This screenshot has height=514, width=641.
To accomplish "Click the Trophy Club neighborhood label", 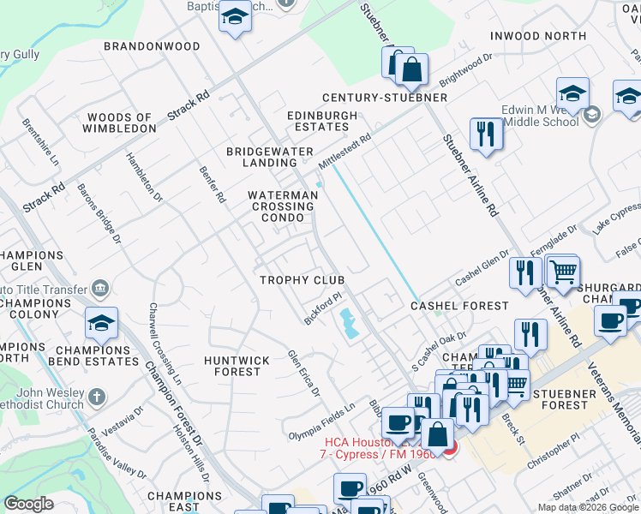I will coord(303,280).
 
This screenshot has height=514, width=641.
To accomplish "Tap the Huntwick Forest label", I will coord(237,366).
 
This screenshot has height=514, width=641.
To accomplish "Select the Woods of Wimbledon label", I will coord(120,123).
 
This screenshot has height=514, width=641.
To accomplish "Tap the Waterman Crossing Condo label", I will coord(283,206).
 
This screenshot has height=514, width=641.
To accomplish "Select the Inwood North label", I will coord(538,36).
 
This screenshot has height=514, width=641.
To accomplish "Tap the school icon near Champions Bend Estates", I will coord(101,324).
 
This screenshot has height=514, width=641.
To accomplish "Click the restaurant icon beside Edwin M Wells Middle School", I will coord(486,134).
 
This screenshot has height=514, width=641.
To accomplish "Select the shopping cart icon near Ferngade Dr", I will coord(562,272).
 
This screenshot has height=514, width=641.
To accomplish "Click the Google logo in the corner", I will coord(28,504).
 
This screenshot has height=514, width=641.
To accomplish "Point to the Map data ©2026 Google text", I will coord(588,507).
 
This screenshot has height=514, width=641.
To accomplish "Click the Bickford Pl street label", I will coord(322,308).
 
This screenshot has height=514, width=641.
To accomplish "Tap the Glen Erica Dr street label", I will coord(303,374).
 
